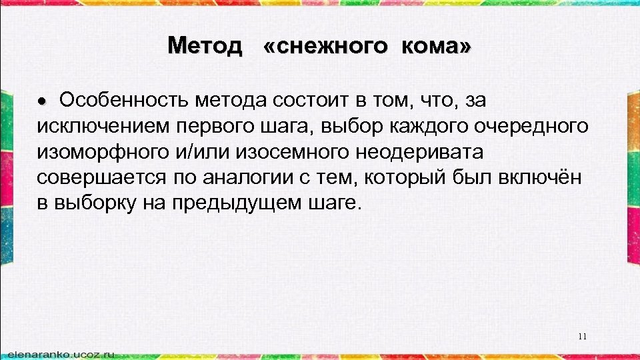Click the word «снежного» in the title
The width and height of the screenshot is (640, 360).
click(x=325, y=46)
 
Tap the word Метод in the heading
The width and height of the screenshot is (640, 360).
click(x=205, y=46)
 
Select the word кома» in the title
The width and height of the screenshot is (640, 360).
click(x=436, y=46)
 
